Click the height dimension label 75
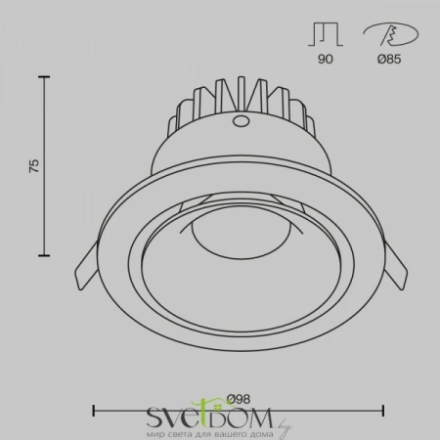tap(34, 166)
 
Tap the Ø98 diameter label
tap(239, 399)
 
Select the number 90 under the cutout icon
tap(326, 59)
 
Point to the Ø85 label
tap(389, 59)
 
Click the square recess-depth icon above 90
tap(326, 34)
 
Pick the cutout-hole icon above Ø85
tap(391, 34)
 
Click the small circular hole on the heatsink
tap(242, 121)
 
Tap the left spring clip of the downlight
tap(85, 266)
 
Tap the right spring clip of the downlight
tap(396, 266)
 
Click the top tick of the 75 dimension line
tap(44, 77)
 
